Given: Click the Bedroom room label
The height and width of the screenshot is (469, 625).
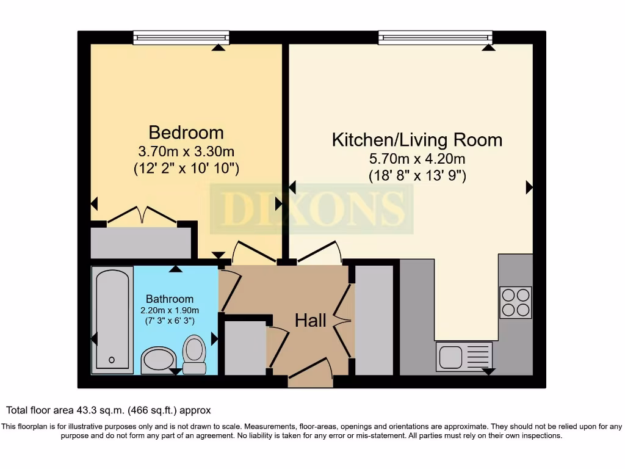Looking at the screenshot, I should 186,132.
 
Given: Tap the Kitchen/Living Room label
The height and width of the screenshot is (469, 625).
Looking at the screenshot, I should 417,139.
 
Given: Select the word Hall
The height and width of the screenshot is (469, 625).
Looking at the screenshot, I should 311,320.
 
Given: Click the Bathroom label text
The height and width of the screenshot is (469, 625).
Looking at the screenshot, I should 170,299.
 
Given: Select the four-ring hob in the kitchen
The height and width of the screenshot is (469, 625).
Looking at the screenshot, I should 515,302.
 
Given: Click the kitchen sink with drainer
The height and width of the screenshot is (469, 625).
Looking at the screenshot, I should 464,356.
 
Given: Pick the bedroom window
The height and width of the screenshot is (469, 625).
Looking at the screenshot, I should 181,38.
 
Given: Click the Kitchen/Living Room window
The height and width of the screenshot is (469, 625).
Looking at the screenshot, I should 435,38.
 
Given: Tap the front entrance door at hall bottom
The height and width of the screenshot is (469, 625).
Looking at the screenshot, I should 310,372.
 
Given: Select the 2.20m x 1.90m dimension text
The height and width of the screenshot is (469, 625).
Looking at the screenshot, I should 170,310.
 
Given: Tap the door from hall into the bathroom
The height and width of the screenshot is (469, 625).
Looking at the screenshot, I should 229,289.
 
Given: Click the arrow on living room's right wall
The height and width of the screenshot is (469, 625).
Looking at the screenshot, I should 529,187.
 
